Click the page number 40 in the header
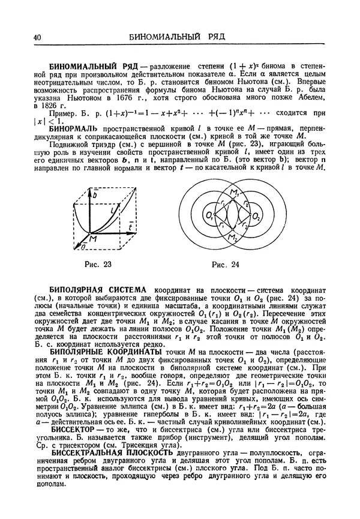click(37, 38)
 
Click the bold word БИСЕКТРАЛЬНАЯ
click(91, 452)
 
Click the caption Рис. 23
click(97, 263)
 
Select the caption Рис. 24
click(226, 263)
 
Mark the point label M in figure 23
click(94, 239)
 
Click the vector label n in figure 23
click(76, 247)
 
